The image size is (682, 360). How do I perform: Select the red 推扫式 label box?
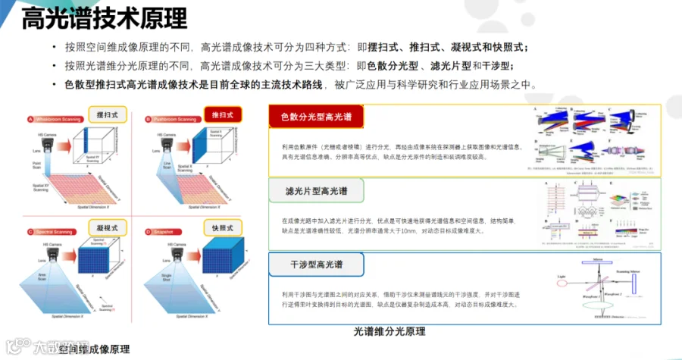coord(223,114)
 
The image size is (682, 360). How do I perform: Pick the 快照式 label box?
coord(223,227)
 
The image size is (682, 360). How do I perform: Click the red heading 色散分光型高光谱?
coord(316,117)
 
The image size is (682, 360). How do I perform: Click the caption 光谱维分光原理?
coord(389,331)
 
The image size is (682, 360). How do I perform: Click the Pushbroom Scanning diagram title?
coord(170,119)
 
